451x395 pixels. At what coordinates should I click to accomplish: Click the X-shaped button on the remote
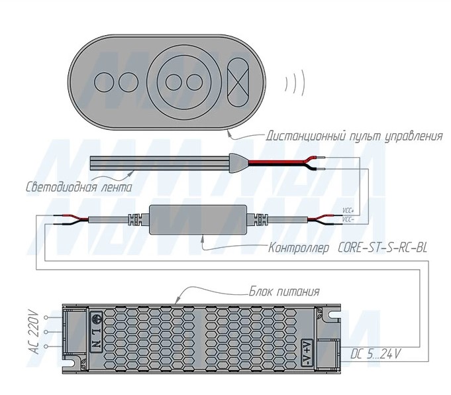[x=238, y=82]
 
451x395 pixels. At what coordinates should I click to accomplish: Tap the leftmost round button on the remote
[x=105, y=82]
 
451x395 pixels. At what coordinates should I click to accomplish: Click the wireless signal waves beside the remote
[x=295, y=82]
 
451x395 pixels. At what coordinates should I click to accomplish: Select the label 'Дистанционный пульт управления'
[x=354, y=136]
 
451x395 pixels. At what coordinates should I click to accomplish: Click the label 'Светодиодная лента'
[x=79, y=187]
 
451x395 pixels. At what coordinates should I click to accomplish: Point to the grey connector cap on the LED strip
[x=238, y=163]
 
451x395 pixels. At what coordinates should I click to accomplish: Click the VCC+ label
[x=348, y=211]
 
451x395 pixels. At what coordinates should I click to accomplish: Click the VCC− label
[x=348, y=219]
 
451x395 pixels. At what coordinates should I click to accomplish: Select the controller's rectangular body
[x=198, y=219]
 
